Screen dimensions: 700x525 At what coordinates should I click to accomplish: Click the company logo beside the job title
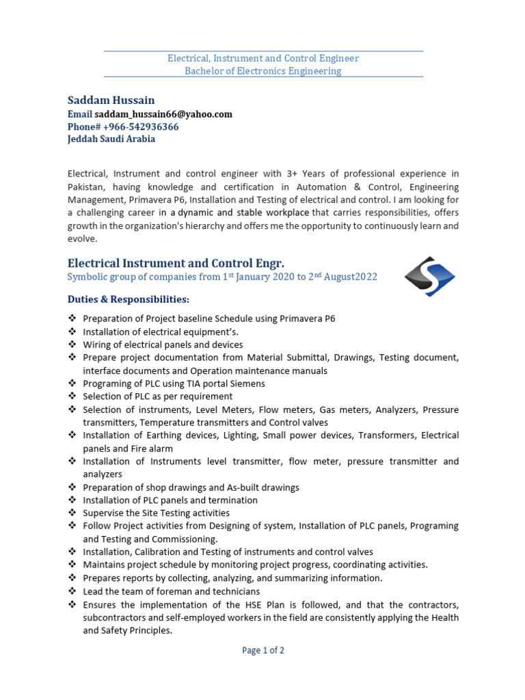429,276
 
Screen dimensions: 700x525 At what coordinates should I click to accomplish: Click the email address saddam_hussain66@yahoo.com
163,114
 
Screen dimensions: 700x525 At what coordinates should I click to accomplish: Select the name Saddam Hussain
111,100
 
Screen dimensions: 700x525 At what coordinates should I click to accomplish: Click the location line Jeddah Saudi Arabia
111,139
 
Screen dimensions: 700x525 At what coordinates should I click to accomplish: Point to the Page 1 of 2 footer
263,650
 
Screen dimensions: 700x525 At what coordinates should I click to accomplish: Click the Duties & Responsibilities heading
128,299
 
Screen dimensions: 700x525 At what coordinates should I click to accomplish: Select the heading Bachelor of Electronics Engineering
263,71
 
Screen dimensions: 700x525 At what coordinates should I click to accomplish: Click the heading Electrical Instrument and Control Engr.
176,263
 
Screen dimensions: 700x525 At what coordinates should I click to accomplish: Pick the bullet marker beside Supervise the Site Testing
72,513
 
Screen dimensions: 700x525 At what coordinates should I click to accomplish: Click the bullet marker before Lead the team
72,591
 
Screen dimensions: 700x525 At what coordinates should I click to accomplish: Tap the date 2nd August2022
338,277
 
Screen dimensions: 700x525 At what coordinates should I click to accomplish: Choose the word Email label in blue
79,114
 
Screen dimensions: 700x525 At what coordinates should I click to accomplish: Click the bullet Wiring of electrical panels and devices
163,345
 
